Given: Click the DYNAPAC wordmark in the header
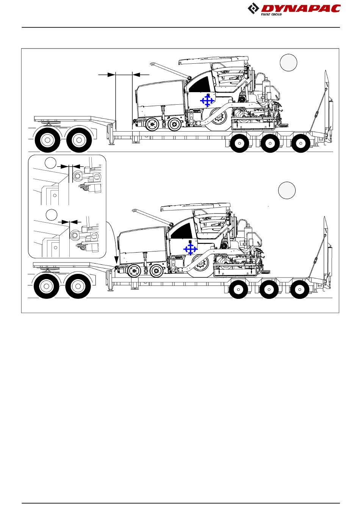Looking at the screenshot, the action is [x=301, y=9].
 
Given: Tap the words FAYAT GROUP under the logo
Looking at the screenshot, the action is [x=271, y=14].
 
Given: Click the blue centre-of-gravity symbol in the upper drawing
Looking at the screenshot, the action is [x=207, y=101].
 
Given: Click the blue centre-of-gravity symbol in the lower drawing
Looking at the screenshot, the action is [x=191, y=249].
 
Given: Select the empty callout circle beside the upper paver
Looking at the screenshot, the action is [x=288, y=62].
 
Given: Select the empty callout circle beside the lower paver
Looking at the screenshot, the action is [x=287, y=190].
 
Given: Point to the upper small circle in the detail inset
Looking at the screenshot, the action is [x=50, y=163].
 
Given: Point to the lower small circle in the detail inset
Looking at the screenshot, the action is [x=51, y=215].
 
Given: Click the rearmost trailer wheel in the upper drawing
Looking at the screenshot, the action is [x=301, y=143].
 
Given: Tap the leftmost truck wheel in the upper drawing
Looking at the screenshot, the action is [x=47, y=140].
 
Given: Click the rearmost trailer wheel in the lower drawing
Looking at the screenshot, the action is [x=300, y=289].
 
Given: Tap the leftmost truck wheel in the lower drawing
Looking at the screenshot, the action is [x=47, y=286].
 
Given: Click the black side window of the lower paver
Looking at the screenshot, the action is [x=182, y=231].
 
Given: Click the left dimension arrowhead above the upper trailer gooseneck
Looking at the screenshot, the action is [x=111, y=74].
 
